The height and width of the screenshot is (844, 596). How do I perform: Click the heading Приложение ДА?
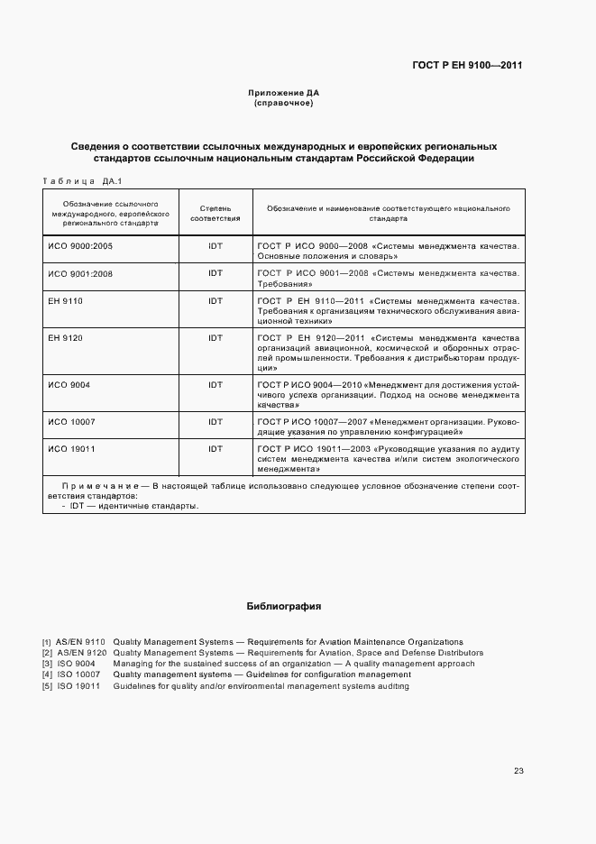click(284, 93)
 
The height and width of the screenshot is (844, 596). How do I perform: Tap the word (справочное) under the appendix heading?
click(284, 103)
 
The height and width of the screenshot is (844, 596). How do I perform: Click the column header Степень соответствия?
click(215, 213)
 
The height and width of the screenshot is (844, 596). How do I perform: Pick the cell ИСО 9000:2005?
click(80, 245)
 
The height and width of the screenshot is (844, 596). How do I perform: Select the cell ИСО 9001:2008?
click(80, 272)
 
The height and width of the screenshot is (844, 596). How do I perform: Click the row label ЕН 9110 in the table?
click(65, 300)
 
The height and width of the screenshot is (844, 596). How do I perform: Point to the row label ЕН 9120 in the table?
click(65, 338)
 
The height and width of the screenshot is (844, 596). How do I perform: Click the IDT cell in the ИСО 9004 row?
click(215, 385)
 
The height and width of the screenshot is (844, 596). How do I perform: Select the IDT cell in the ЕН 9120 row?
click(215, 338)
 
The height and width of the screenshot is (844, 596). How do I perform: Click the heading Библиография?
click(284, 607)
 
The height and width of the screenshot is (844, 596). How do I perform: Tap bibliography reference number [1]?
click(46, 642)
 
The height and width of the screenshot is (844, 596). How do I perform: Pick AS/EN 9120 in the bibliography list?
click(81, 653)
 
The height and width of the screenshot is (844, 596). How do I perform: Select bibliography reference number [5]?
click(46, 686)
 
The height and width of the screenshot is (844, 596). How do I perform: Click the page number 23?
click(518, 771)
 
